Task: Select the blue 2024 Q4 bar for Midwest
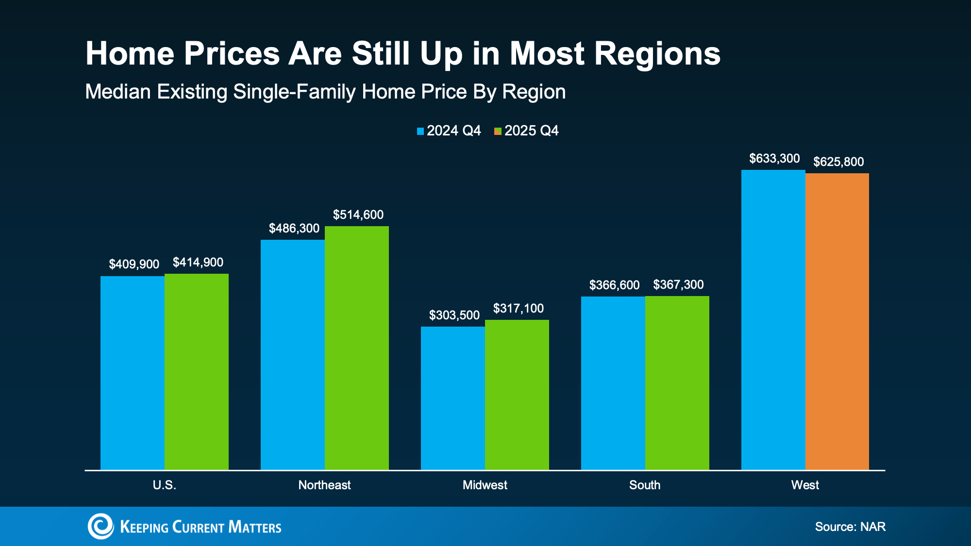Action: [x=452, y=398]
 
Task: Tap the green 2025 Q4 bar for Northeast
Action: [x=356, y=347]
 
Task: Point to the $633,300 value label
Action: [x=774, y=159]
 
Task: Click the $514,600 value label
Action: [x=358, y=215]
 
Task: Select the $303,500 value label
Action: [x=454, y=315]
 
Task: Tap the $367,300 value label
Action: [x=678, y=285]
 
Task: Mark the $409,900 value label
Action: [x=134, y=265]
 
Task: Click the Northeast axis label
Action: [x=324, y=485]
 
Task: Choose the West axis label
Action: [x=804, y=485]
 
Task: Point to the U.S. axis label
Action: [x=164, y=485]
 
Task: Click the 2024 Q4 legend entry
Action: [x=449, y=131]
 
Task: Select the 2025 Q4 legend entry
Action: [x=526, y=131]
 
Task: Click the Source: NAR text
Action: [x=850, y=527]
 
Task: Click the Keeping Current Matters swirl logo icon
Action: [x=100, y=526]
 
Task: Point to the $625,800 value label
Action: [x=838, y=162]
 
